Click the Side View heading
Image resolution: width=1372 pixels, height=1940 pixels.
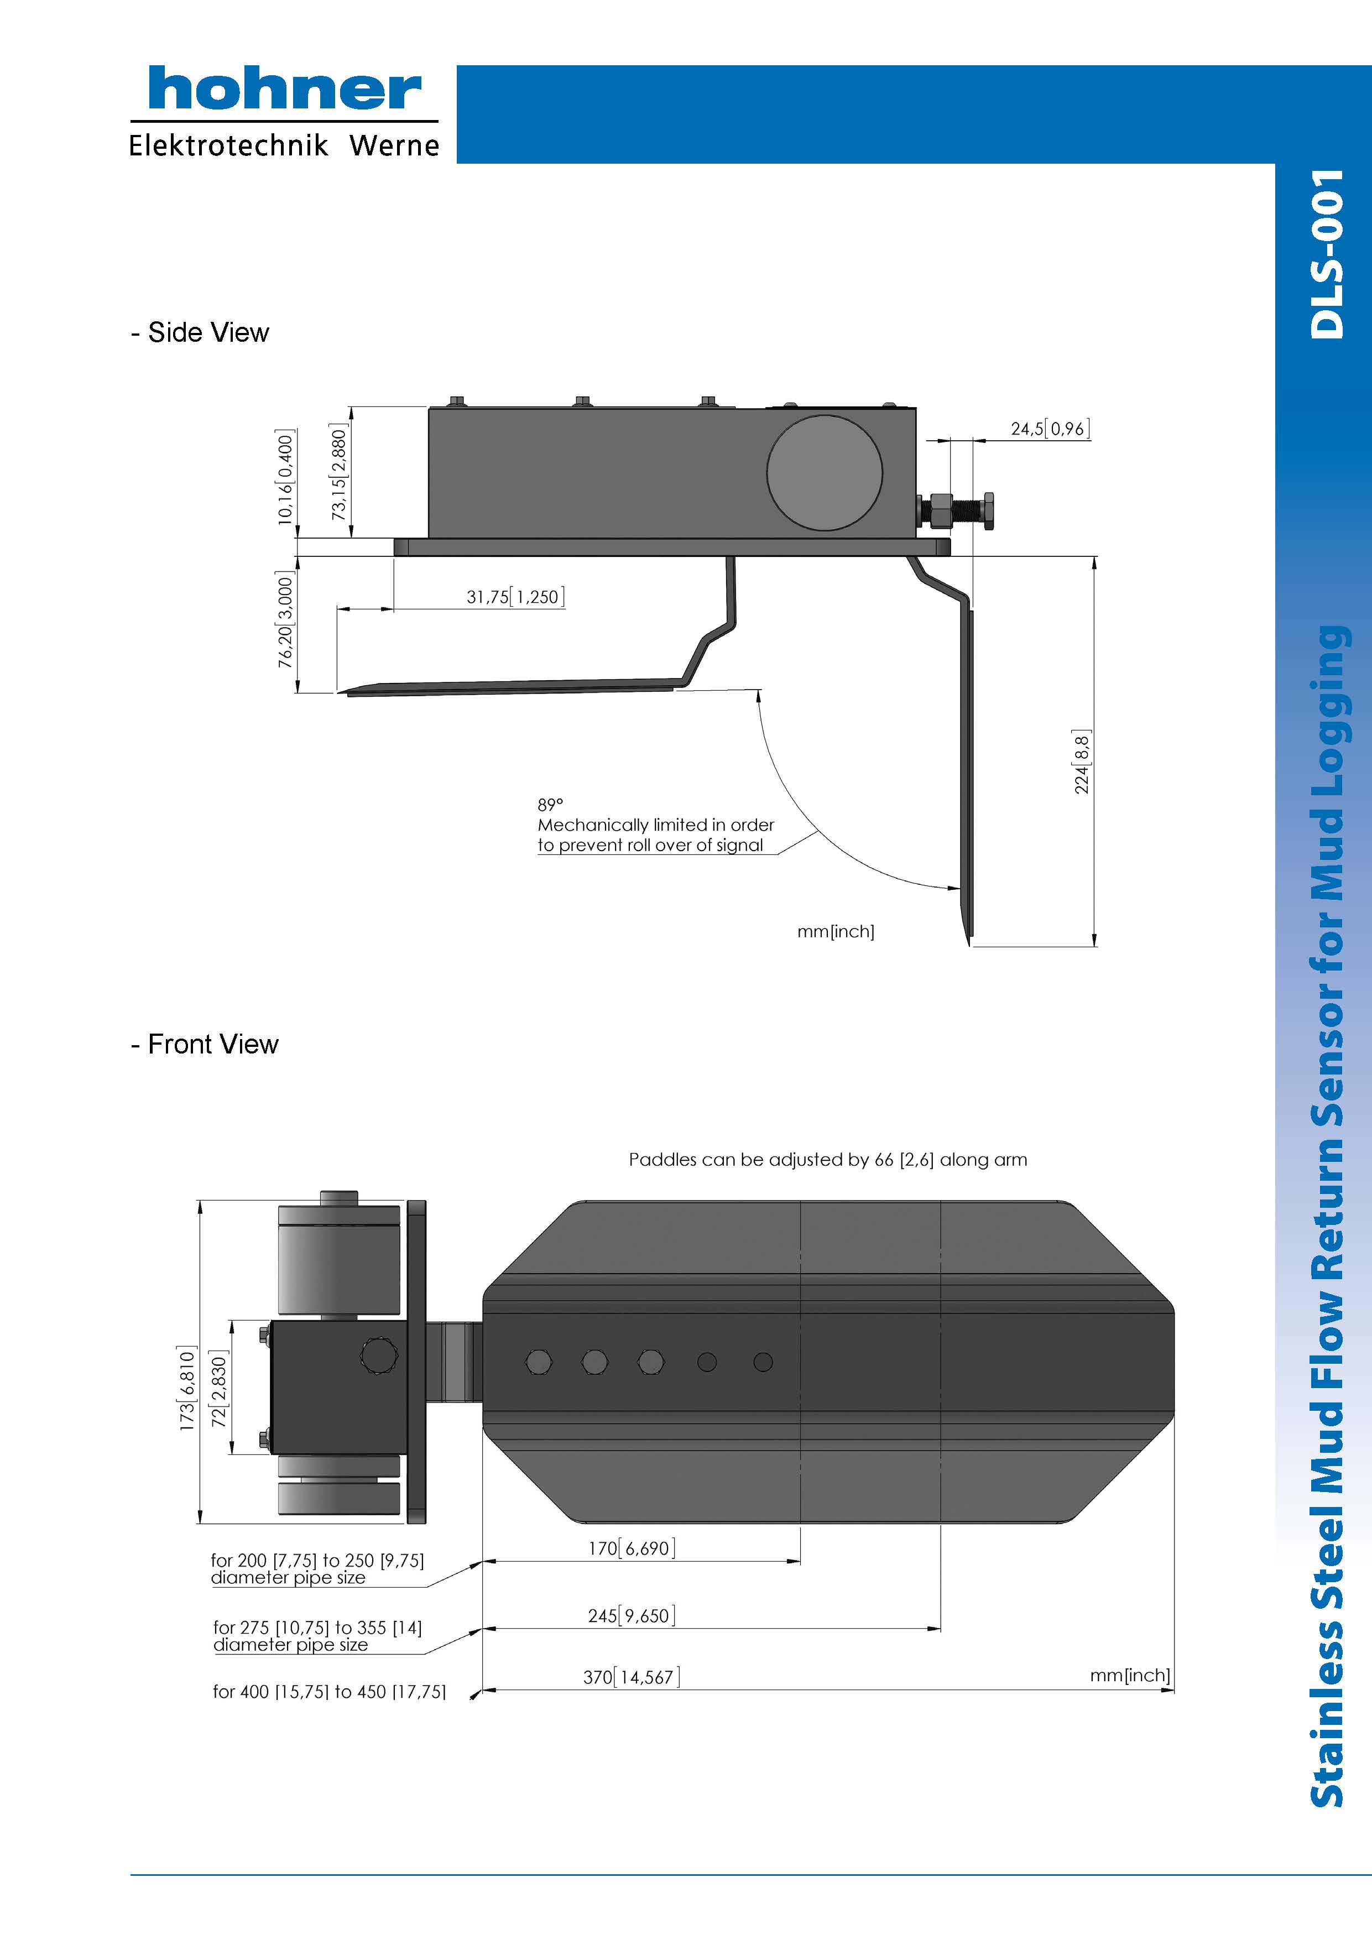(x=200, y=332)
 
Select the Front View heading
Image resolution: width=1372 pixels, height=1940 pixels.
(x=205, y=1044)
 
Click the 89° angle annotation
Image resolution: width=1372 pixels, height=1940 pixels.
(x=550, y=805)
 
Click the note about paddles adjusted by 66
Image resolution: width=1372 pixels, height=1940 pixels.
(x=828, y=1159)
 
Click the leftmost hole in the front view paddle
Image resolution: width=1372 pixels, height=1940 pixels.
(x=539, y=1361)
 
